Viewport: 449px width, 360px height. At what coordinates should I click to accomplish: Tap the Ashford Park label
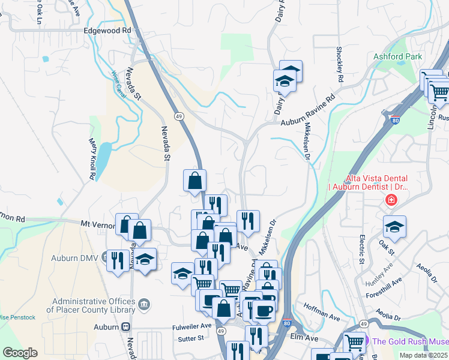click(x=398, y=56)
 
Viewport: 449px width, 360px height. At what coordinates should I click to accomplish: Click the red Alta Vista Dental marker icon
click(x=391, y=200)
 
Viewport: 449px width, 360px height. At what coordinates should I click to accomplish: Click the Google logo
click(x=20, y=353)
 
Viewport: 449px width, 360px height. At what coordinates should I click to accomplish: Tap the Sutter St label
click(x=191, y=338)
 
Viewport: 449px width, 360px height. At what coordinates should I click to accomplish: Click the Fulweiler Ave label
click(x=193, y=326)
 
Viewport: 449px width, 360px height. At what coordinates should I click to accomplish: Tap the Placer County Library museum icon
click(x=143, y=305)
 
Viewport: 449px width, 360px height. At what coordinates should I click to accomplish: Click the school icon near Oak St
click(x=394, y=227)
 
